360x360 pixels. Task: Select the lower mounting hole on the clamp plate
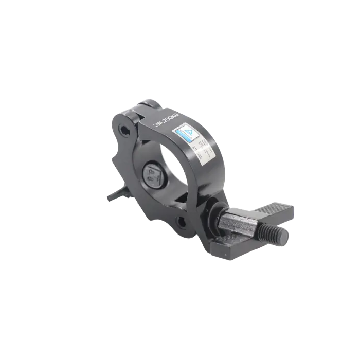(182, 223)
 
